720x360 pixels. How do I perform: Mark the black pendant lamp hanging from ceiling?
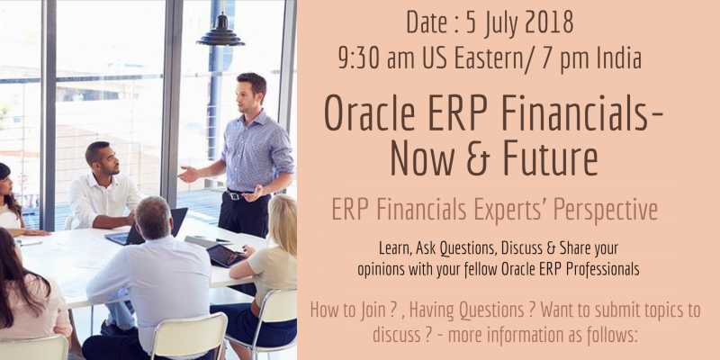tap(220, 34)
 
